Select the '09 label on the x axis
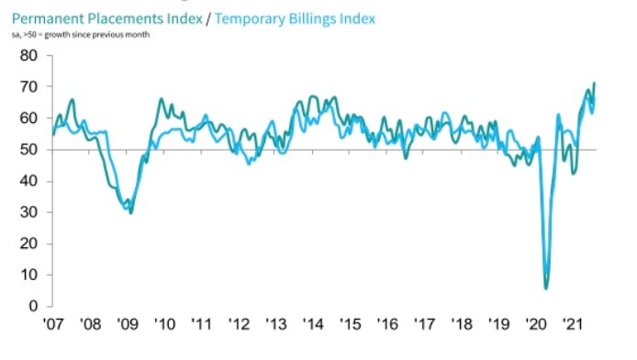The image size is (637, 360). [x=128, y=325]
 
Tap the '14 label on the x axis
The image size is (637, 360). [x=314, y=325]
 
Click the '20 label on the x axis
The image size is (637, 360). [x=536, y=325]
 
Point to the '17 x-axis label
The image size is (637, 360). [x=425, y=325]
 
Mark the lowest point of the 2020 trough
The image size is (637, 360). [x=546, y=288]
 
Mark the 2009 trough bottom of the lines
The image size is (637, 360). [x=131, y=212]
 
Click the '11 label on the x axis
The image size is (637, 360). [x=202, y=325]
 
